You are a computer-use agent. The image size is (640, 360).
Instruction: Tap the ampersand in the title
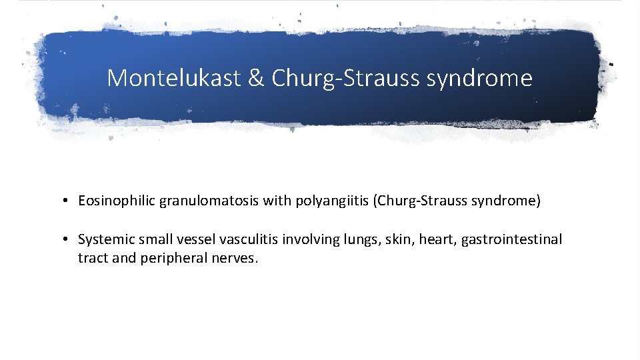point(257,79)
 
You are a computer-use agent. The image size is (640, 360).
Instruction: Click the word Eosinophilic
point(116,201)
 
